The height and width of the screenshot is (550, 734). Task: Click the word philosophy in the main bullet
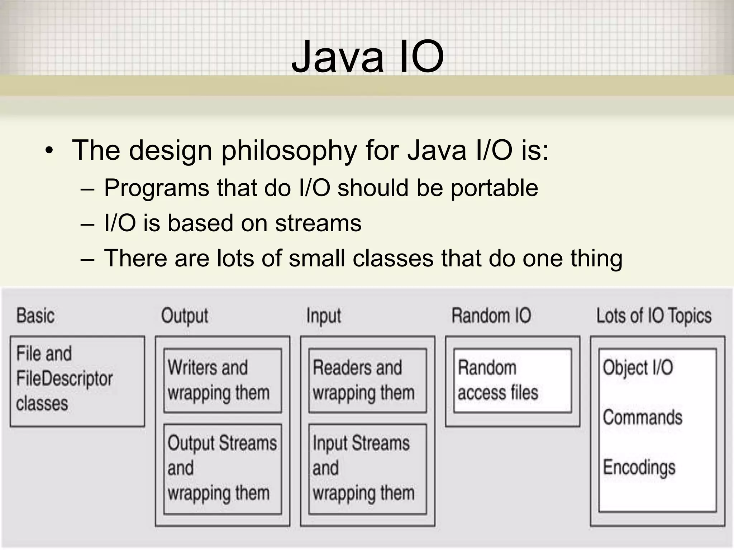pyautogui.click(x=289, y=150)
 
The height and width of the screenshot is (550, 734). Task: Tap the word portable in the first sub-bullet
pyautogui.click(x=494, y=188)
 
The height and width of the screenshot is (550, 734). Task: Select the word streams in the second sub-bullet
pyautogui.click(x=318, y=223)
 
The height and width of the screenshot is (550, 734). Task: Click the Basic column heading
pyautogui.click(x=35, y=316)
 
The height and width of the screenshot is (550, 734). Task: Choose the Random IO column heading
pyautogui.click(x=491, y=316)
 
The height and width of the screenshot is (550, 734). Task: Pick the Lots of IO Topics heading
pyautogui.click(x=654, y=316)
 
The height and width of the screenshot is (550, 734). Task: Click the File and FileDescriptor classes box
pyautogui.click(x=77, y=381)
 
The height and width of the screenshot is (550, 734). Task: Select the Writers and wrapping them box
pyautogui.click(x=222, y=381)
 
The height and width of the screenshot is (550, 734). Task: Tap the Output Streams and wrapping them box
pyautogui.click(x=222, y=469)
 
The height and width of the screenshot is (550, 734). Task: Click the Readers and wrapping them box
pyautogui.click(x=367, y=381)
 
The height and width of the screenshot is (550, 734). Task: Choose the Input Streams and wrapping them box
pyautogui.click(x=367, y=469)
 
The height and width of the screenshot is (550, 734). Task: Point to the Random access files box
pyautogui.click(x=512, y=381)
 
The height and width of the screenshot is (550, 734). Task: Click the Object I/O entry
pyautogui.click(x=638, y=368)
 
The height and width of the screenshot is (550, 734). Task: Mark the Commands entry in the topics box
pyautogui.click(x=642, y=418)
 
